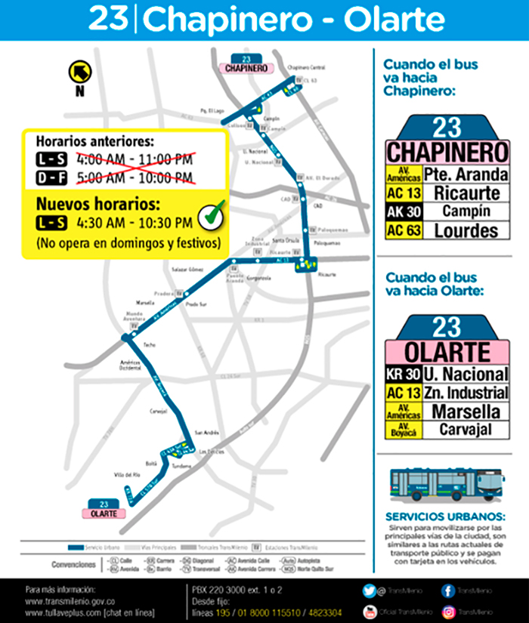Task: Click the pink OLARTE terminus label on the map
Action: [104, 514]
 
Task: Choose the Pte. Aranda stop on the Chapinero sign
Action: [466, 174]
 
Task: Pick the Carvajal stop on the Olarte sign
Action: [466, 430]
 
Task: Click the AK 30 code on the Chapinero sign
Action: [404, 212]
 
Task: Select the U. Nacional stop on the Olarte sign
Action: [466, 374]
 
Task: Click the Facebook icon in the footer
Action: [448, 590]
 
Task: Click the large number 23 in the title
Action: [110, 20]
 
